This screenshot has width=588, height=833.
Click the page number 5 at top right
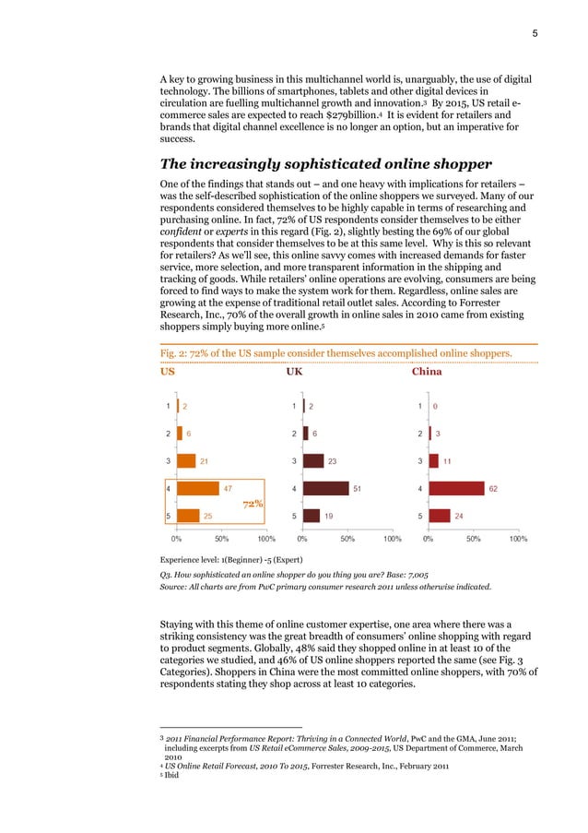click(x=535, y=34)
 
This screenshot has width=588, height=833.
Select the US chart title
click(x=168, y=372)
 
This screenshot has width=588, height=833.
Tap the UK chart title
click(x=294, y=372)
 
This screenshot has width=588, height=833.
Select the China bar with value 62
click(x=456, y=488)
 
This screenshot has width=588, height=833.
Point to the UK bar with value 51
click(x=325, y=488)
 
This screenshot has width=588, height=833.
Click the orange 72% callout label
click(x=253, y=504)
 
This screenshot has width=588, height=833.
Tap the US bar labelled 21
click(x=186, y=460)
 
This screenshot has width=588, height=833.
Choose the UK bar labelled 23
click(x=313, y=460)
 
